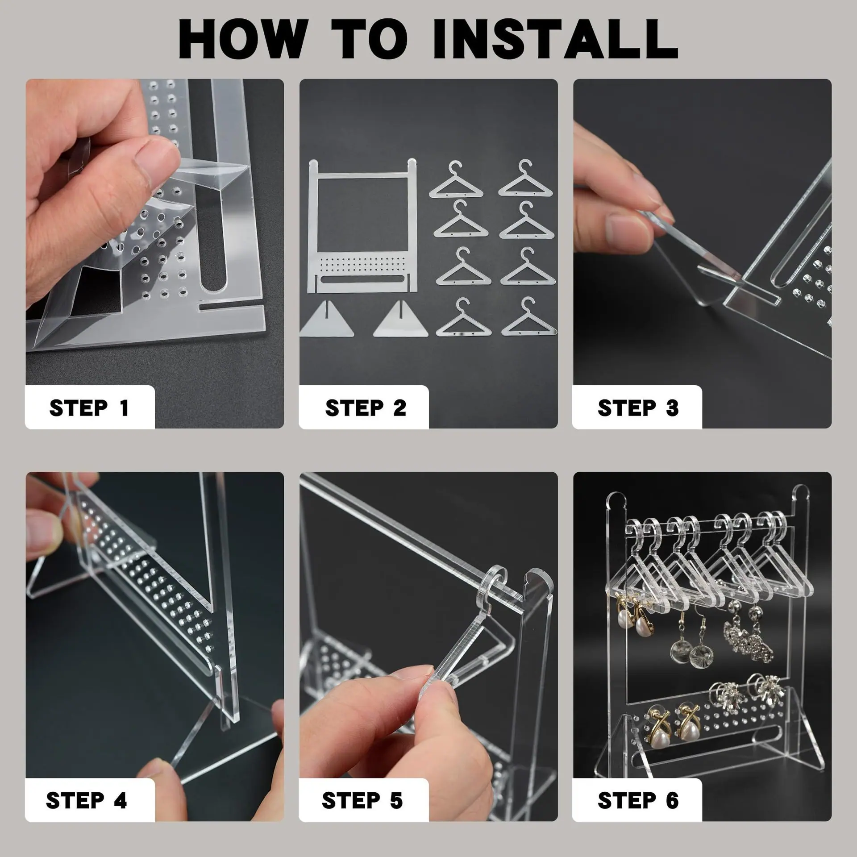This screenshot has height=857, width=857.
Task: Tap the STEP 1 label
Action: (89, 408)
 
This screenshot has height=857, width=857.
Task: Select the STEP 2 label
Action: (366, 408)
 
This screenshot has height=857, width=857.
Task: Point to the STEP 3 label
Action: (638, 408)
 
